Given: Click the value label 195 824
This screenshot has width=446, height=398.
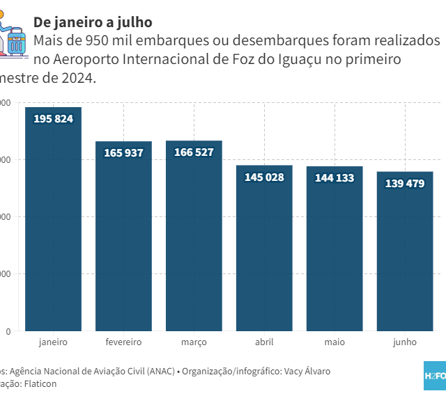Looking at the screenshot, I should click(53, 118).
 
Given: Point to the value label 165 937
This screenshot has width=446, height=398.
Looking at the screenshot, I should click(123, 152).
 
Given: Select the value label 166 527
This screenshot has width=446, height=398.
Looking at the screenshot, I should click(194, 152).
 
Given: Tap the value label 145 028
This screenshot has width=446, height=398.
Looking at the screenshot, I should click(264, 177).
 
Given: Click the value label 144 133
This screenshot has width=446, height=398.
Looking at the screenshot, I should click(334, 177).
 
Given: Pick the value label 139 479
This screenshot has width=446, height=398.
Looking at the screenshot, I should click(405, 183).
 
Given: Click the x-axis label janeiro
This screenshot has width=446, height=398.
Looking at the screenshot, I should click(53, 342).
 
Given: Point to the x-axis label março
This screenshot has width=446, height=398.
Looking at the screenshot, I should click(194, 342).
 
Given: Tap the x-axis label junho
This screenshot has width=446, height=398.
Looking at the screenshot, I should click(405, 342).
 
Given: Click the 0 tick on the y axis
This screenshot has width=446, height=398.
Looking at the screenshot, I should click(8, 331).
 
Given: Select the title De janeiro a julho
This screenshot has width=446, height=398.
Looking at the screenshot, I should click(93, 22).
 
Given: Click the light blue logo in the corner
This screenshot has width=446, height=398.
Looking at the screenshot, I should click(435, 376).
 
